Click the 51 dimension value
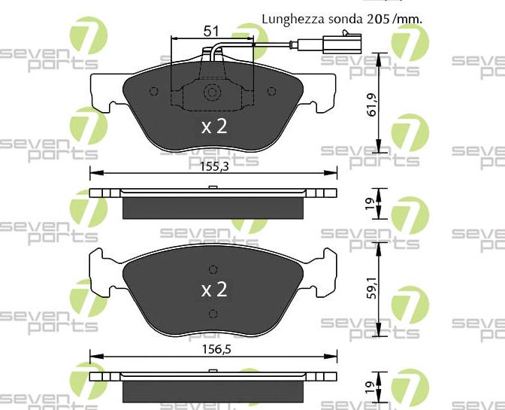[211, 31]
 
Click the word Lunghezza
[289, 17]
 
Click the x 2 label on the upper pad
[213, 126]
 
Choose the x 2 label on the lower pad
[213, 290]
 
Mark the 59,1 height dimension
[370, 286]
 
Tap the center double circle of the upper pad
[213, 93]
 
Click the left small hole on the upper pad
[154, 92]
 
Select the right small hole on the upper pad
[271, 92]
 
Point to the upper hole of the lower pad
[213, 269]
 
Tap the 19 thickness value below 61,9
[370, 203]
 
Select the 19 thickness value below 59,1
[370, 386]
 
